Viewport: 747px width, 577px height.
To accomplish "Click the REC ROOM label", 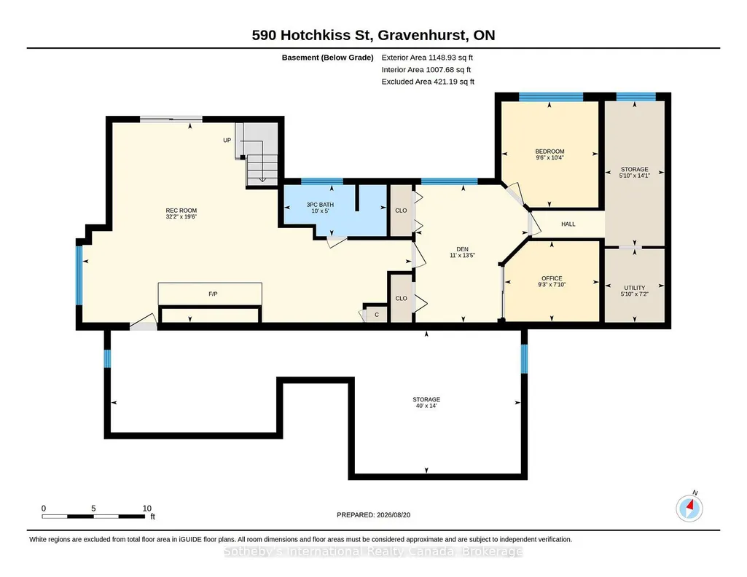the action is (181, 211).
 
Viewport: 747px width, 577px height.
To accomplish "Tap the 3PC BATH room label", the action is (320, 205).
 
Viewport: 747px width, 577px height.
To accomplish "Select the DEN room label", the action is (462, 249).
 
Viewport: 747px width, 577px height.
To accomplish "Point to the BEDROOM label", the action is (550, 152).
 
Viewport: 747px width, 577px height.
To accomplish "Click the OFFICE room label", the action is (552, 278).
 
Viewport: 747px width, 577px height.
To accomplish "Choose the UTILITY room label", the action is (635, 288).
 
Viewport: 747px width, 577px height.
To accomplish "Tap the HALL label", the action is (568, 224).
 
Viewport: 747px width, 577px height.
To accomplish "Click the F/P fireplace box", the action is (210, 294).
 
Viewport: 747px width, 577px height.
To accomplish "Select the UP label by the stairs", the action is (227, 140).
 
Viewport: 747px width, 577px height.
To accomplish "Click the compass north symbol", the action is (689, 508).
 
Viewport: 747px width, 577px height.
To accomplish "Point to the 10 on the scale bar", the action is (146, 509).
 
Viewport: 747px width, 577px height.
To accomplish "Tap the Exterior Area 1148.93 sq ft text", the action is (427, 58).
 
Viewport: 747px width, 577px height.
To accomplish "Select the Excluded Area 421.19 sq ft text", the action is (428, 82).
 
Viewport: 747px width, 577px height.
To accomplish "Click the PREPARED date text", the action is (373, 514).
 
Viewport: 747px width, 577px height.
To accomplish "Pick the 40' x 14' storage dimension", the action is (426, 406).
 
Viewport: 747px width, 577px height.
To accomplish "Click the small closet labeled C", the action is (376, 315).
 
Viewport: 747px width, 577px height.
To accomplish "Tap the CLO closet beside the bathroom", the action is (401, 211).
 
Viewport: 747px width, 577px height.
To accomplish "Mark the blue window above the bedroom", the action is (551, 97).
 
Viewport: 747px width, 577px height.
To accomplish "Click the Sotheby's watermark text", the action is (373, 552).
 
